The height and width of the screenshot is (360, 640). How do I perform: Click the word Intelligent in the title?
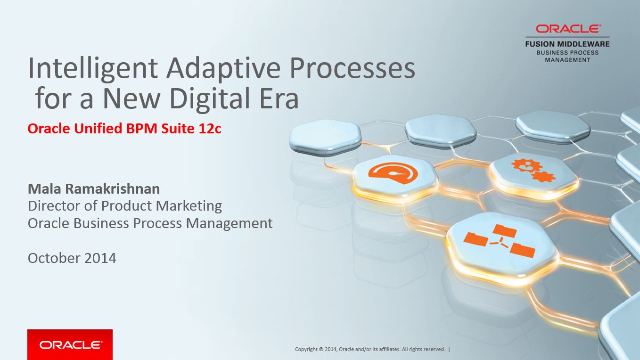click(93, 69)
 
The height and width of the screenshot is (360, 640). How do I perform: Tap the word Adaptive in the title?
click(223, 69)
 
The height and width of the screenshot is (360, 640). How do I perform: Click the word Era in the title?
click(279, 98)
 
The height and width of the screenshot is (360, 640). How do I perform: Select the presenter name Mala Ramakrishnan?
click(94, 189)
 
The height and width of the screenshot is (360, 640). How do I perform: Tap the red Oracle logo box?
click(70, 344)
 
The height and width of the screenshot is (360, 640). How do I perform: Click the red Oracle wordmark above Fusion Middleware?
click(568, 29)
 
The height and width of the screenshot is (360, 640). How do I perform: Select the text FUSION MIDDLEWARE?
click(567, 44)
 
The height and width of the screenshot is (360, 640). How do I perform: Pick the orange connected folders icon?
click(499, 241)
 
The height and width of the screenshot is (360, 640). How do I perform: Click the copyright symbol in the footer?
click(321, 350)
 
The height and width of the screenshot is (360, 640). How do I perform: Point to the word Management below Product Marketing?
click(229, 223)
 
